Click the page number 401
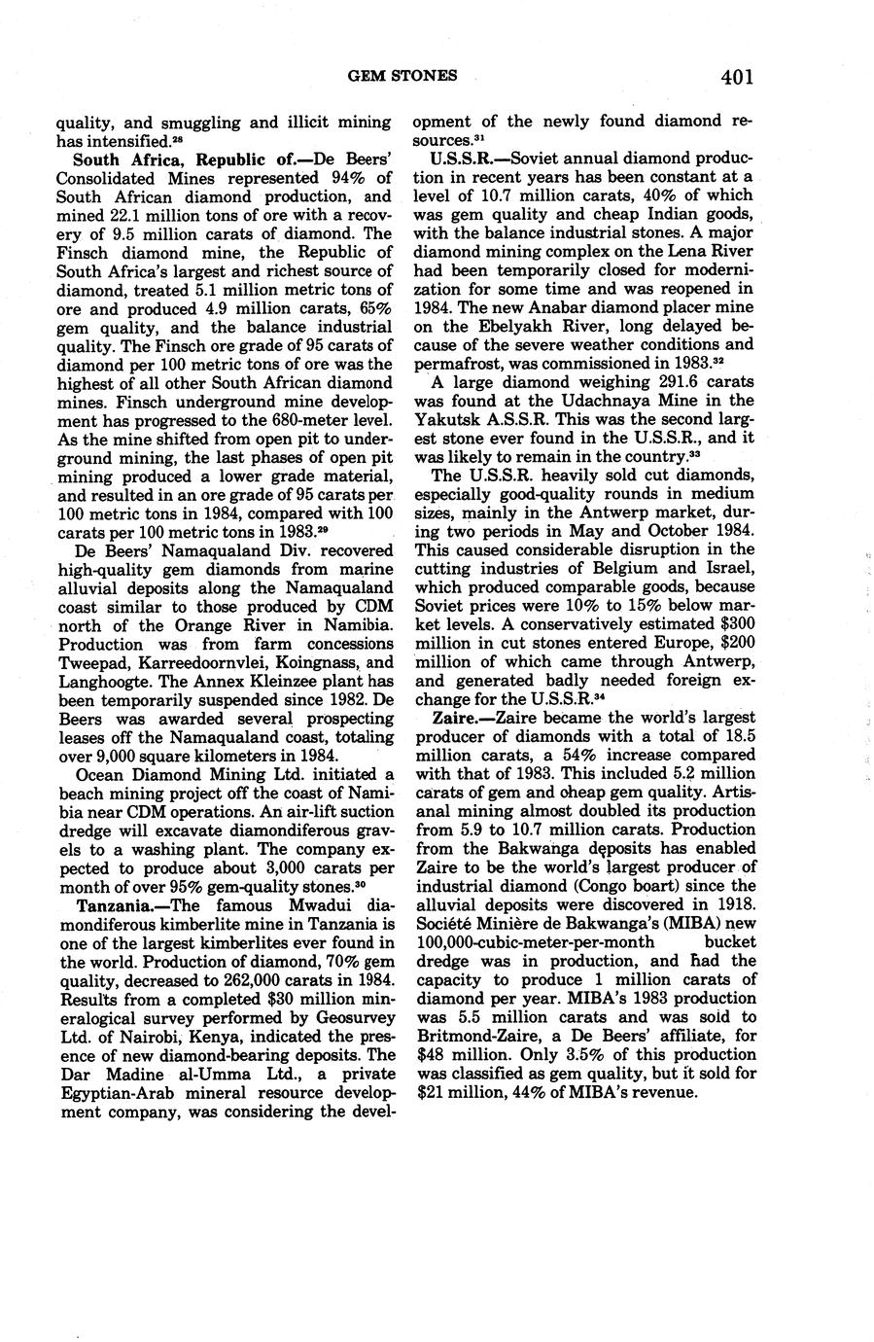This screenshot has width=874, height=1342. [x=737, y=76]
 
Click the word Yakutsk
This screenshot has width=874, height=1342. [x=449, y=419]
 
